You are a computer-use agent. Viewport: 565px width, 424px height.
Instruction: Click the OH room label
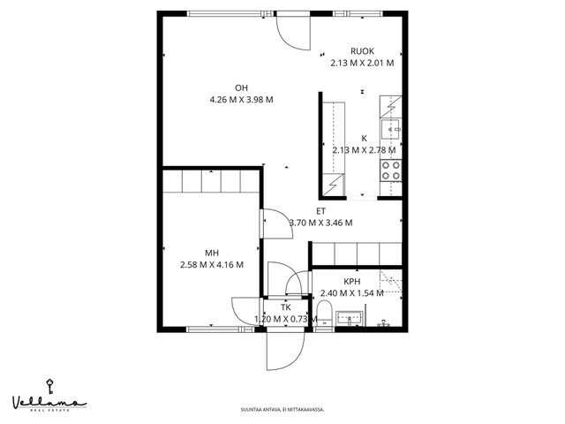click(x=241, y=88)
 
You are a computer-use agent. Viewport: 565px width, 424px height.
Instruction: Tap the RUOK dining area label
click(x=362, y=51)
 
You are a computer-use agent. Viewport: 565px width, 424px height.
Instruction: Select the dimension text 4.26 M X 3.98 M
click(x=241, y=100)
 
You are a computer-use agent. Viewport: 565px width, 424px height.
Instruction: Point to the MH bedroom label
click(x=212, y=254)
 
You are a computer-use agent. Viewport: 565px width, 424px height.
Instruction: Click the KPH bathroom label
click(x=351, y=282)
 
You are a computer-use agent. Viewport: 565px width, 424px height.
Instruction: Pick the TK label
click(x=286, y=307)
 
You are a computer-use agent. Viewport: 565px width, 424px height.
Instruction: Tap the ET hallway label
click(x=320, y=211)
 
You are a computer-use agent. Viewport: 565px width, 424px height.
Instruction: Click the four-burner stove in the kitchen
click(x=391, y=170)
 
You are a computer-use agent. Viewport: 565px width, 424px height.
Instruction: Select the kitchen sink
click(x=391, y=129)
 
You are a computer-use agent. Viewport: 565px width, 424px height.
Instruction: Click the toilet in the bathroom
click(x=324, y=312)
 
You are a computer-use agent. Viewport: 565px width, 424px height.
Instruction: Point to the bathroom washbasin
click(x=350, y=318)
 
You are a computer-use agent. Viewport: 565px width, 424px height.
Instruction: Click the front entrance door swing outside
click(x=285, y=351)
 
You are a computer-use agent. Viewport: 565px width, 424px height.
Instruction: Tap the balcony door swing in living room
click(x=293, y=34)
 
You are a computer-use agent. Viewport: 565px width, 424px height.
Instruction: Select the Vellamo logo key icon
click(x=49, y=387)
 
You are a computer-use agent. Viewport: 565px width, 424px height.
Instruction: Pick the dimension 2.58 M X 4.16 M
click(x=212, y=265)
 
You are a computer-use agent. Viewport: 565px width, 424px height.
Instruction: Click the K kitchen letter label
click(x=364, y=138)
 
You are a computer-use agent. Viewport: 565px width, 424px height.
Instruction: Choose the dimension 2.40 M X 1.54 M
click(x=351, y=293)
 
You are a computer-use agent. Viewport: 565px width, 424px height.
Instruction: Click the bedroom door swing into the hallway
click(x=278, y=223)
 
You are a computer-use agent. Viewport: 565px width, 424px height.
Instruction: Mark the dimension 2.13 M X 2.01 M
click(x=362, y=63)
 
